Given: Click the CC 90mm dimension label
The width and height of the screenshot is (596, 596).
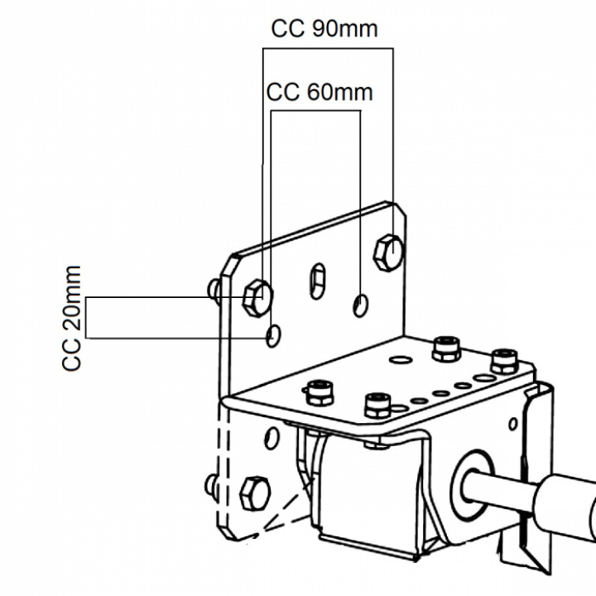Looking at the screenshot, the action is tap(324, 28).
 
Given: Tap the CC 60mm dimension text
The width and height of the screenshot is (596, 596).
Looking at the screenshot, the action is tap(320, 93).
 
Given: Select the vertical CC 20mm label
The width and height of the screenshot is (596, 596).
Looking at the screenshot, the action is tap(71, 318).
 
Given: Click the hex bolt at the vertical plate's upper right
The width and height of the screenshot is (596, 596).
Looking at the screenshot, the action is tap(388, 252).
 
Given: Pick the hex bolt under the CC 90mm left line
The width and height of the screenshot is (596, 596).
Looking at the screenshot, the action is tap(257, 298).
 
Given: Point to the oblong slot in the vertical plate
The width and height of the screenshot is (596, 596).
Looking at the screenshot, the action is tap(318, 281).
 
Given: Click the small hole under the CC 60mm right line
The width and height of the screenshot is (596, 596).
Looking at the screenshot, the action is tap(360, 305).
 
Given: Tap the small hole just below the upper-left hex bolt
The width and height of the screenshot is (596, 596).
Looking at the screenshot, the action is tap(273, 335).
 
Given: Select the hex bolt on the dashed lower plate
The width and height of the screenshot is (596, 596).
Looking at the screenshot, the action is tap(255, 493).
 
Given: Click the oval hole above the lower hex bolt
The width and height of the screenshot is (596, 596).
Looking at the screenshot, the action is tap(272, 438).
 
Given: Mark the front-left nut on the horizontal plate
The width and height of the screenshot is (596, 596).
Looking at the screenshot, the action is tap(319, 392).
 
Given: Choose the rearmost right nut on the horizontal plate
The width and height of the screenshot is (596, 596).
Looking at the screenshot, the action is tap(504, 362).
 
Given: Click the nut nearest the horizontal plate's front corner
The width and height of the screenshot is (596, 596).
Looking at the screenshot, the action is tap(377, 405).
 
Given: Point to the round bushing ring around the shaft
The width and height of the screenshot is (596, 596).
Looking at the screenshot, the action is tap(472, 484).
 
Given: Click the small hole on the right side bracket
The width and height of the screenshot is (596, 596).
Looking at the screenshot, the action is tap(512, 424).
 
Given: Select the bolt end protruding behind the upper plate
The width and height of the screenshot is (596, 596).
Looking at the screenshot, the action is tap(214, 290).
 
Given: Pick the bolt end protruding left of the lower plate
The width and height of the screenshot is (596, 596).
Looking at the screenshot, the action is tap(211, 484).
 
